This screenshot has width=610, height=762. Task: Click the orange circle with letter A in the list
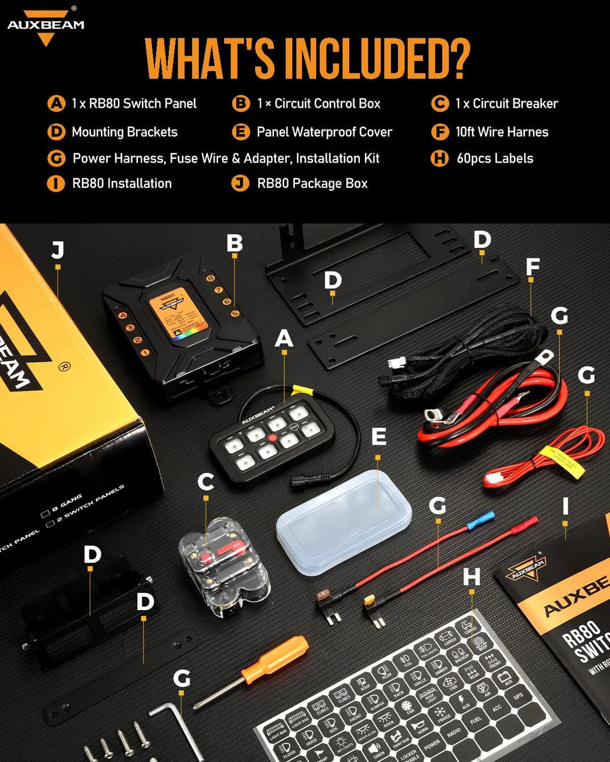56,104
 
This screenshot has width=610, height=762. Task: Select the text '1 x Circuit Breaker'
507,104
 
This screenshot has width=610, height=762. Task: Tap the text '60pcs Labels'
495,159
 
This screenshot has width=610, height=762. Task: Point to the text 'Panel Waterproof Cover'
324,132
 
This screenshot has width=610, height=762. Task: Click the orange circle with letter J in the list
241,183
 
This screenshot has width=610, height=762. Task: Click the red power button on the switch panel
272,437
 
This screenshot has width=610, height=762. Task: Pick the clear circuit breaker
223,570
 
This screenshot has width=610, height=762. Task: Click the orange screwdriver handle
275,659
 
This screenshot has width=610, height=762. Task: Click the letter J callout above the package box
58,249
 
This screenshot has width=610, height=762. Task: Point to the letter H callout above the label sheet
472,577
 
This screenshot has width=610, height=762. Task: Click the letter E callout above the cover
378,436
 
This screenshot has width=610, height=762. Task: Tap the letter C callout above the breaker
206,482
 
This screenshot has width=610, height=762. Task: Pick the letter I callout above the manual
565,506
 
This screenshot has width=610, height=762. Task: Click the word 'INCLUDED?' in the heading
377,59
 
